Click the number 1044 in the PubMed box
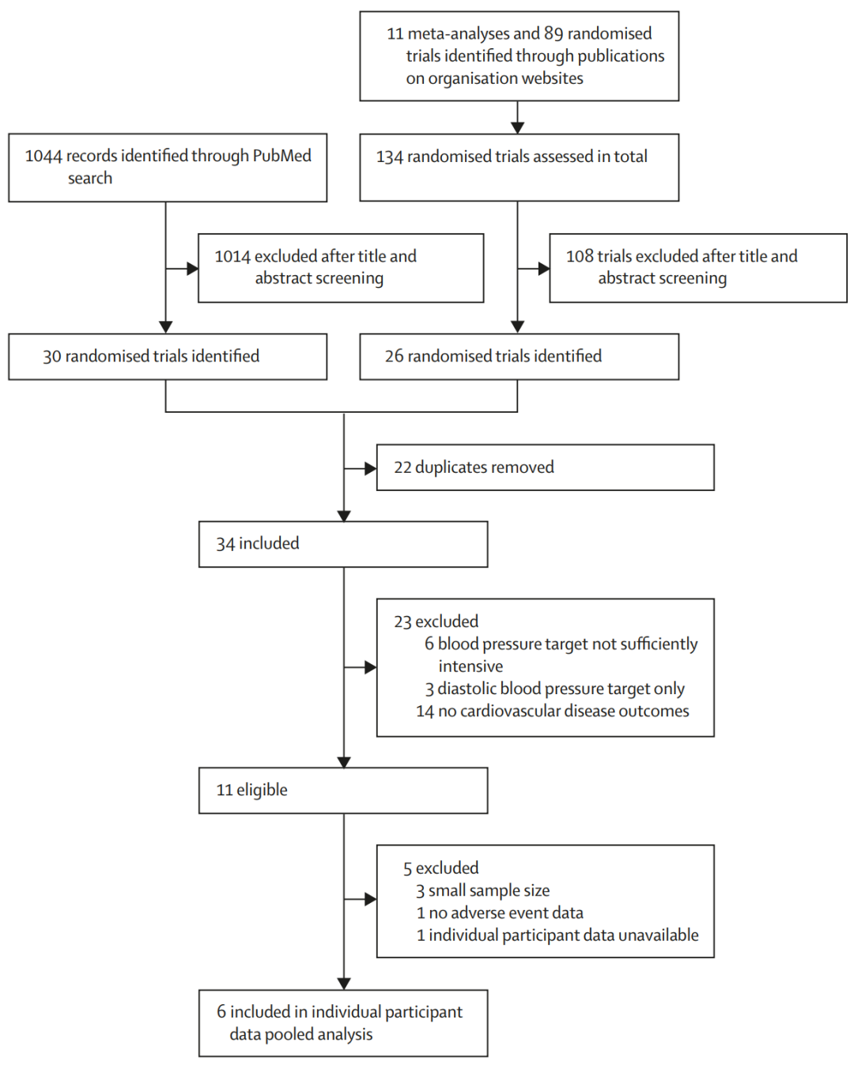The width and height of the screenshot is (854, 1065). click(x=43, y=156)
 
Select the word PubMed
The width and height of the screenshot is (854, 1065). click(x=282, y=156)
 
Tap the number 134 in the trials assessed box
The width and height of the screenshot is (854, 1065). click(x=390, y=157)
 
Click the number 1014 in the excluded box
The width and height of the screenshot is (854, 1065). click(x=232, y=256)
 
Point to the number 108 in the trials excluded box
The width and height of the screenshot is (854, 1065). click(x=580, y=256)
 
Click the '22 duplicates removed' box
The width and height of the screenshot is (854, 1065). click(x=545, y=467)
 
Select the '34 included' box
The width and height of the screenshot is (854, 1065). click(x=343, y=544)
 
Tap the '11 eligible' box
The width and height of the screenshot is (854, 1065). click(x=343, y=791)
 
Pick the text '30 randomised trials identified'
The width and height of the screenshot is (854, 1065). click(x=151, y=357)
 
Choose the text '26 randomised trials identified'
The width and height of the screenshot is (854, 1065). click(x=493, y=357)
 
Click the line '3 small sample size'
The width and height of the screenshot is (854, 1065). click(x=482, y=891)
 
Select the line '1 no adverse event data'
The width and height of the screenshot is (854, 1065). click(x=500, y=913)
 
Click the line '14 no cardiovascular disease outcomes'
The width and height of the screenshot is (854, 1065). click(x=553, y=711)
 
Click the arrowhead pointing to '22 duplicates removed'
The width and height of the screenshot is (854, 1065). click(x=370, y=468)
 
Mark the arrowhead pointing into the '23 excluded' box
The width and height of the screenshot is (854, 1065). click(x=370, y=667)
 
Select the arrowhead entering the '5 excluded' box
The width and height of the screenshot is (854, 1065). click(x=370, y=899)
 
